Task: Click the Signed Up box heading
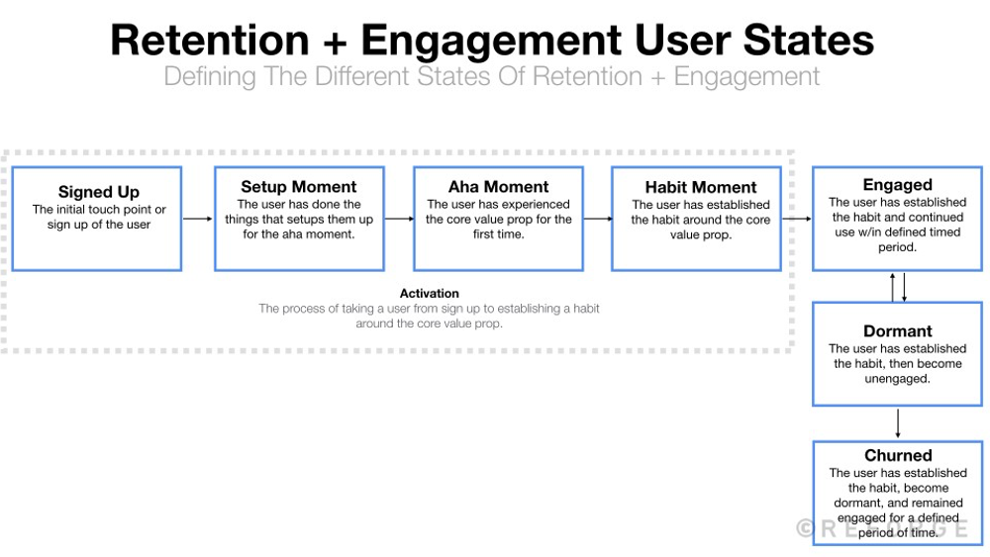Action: pos(98,192)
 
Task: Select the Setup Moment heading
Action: pos(298,187)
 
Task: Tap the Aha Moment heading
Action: pos(498,187)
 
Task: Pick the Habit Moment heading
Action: pos(700,187)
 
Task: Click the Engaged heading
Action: pos(897,185)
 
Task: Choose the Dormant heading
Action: pos(897,331)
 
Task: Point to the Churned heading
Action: pos(897,456)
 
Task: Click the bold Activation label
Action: pos(429,294)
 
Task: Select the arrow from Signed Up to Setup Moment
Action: pos(198,219)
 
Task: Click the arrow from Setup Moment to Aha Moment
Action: pos(398,219)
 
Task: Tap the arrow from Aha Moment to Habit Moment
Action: pos(597,219)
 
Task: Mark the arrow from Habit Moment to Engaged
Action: pos(797,219)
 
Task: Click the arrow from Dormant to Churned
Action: pos(897,423)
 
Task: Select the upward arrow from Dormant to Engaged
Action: pos(893,287)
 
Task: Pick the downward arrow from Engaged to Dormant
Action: pos(904,287)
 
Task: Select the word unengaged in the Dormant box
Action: pos(897,378)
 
